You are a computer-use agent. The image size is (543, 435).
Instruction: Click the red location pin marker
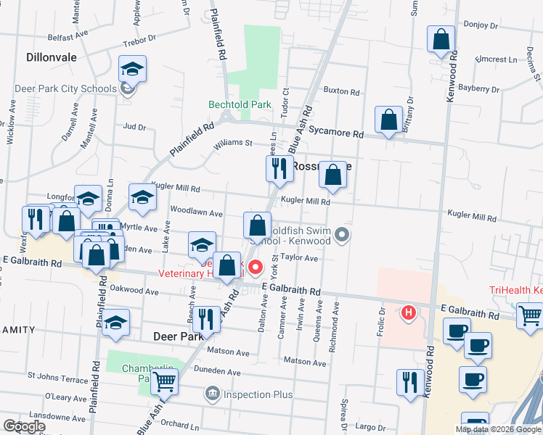click(256, 268)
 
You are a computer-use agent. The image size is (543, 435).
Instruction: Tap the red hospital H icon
click(409, 312)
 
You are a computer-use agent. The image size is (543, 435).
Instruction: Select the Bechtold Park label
click(240, 104)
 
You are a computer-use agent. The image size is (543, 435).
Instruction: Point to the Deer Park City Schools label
click(65, 89)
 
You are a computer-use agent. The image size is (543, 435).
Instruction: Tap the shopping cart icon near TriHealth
click(531, 315)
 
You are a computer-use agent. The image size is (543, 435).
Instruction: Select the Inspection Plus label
click(257, 394)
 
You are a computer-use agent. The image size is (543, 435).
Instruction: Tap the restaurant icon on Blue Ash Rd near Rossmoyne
click(279, 168)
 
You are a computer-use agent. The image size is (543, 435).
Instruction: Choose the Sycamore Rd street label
click(336, 133)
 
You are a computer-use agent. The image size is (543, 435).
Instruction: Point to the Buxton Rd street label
click(341, 92)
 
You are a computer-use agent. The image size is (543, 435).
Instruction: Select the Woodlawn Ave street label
click(196, 213)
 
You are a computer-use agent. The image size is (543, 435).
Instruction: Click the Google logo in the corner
click(25, 426)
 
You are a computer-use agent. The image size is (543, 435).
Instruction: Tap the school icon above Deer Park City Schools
click(132, 68)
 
